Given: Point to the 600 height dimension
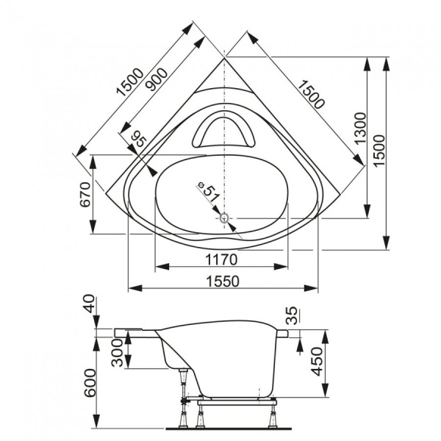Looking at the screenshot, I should pyautogui.click(x=89, y=382).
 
